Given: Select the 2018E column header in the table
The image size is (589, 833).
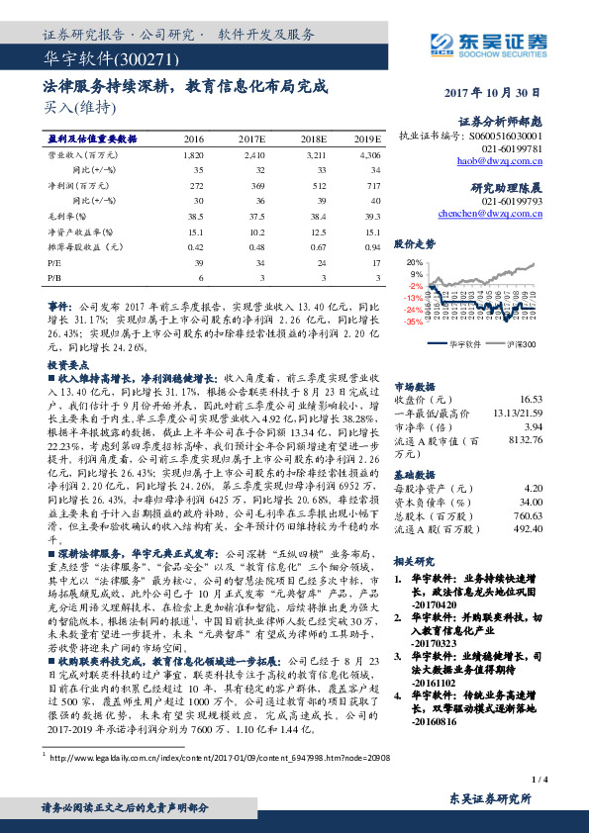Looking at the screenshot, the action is (x=314, y=139).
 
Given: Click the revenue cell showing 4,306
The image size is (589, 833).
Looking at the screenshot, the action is (x=369, y=155).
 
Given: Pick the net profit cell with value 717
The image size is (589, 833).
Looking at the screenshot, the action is (x=372, y=185).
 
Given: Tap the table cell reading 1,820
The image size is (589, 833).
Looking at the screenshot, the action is (x=193, y=155).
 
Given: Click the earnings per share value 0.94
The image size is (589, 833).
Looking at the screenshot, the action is (x=372, y=246).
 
